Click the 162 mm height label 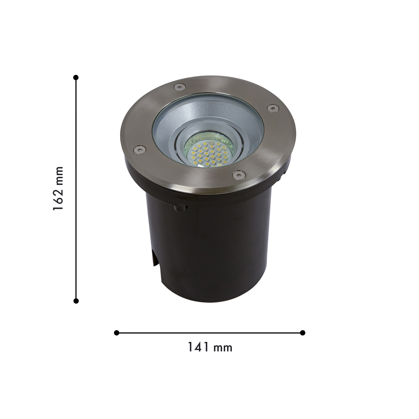pos(58,189)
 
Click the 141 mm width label pos(210,347)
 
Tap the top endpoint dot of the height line pos(76,77)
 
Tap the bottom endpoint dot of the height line pos(76,301)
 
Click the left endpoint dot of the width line pos(117,333)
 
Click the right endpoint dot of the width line pos(303,333)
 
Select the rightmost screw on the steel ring pos(272,108)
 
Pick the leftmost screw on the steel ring pos(139,149)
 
